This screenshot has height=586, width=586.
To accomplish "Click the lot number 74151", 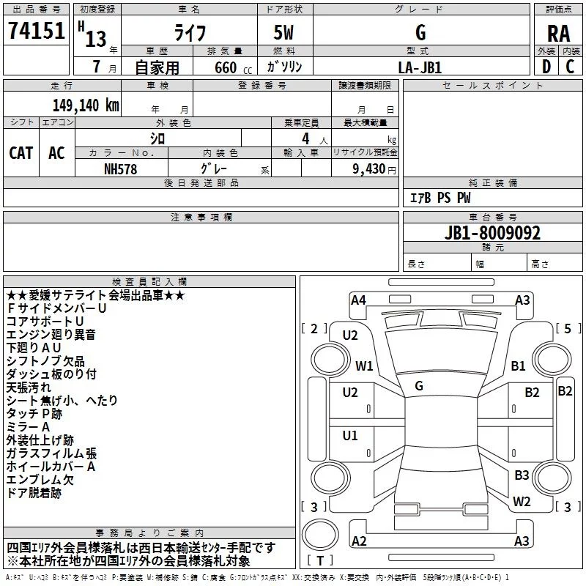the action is (36, 31).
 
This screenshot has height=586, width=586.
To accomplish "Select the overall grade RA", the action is (558, 34).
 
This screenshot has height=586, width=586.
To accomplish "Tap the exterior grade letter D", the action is (546, 67).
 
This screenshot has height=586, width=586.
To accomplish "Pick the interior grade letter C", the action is (570, 67).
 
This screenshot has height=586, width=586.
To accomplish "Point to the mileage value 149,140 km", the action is (86, 105).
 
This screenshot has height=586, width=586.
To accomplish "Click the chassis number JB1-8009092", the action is (492, 233).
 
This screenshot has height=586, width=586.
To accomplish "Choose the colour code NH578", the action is (120, 169).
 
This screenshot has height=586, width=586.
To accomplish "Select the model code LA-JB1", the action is (420, 67).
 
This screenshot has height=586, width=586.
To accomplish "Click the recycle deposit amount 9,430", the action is (369, 169).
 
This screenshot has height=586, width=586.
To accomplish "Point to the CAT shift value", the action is (21, 153).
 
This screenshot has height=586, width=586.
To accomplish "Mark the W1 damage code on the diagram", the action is (364, 366).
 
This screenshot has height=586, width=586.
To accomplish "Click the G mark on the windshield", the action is (419, 386).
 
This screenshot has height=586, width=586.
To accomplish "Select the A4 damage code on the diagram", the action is (358, 300).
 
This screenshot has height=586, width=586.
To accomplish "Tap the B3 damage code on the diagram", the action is (522, 475).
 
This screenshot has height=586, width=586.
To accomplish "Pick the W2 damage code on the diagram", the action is (522, 501).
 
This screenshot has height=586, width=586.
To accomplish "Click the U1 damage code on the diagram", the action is (350, 435).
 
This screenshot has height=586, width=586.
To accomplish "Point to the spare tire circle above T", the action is (320, 535).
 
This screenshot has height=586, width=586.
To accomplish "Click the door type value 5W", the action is (283, 32).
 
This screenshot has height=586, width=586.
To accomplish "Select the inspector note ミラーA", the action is (28, 427).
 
